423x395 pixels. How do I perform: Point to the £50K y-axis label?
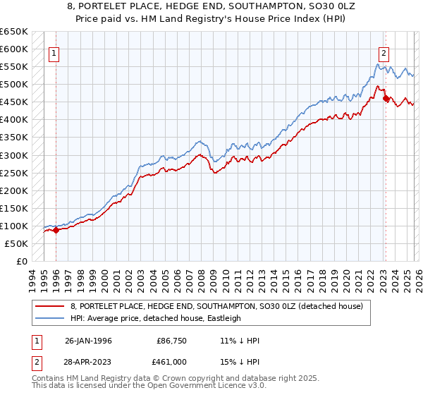[x=16, y=243]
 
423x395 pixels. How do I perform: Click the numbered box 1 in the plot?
[x=54, y=52]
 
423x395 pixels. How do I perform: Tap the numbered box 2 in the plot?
[x=384, y=52]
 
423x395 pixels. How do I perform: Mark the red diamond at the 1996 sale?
[x=56, y=231]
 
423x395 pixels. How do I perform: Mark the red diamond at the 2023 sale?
[x=386, y=98]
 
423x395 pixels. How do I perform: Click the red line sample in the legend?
[x=49, y=306]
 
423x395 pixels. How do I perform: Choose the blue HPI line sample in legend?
[x=49, y=318]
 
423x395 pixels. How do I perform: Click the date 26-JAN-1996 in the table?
[x=88, y=341]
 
